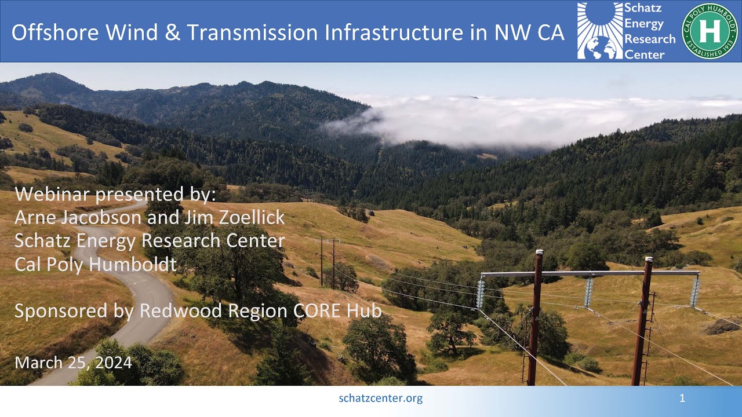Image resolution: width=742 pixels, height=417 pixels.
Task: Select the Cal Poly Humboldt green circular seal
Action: pos(709,31)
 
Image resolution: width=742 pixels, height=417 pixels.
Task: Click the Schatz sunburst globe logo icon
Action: pos(599,31)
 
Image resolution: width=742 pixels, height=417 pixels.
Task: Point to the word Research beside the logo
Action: pos(649,39)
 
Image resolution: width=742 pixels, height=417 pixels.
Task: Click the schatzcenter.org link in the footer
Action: pos(380,398)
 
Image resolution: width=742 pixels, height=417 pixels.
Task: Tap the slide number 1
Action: pos(682,398)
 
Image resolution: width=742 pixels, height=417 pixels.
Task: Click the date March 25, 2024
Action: pos(74,363)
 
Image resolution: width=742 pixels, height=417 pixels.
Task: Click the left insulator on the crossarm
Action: pos(480,292)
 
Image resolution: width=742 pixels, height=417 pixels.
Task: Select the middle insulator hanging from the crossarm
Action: pos(588,291)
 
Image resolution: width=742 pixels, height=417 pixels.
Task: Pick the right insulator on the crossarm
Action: pos(694,290)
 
